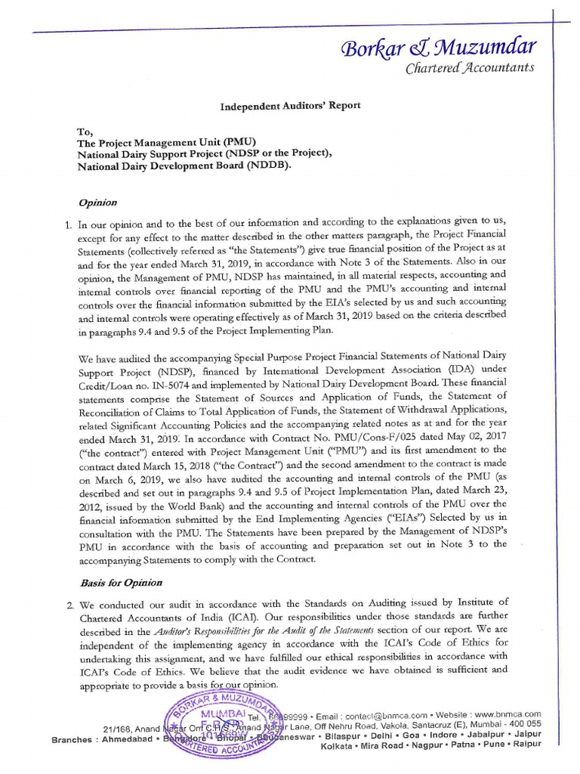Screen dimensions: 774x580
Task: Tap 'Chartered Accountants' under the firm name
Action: pyautogui.click(x=470, y=68)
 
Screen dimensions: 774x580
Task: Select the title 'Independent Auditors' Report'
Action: pyautogui.click(x=290, y=106)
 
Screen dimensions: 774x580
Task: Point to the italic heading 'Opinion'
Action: pyautogui.click(x=98, y=203)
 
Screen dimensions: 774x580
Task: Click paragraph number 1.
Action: pyautogui.click(x=66, y=224)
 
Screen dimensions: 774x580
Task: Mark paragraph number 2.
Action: pyautogui.click(x=66, y=602)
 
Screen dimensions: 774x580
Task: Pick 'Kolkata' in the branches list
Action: pyautogui.click(x=338, y=745)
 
